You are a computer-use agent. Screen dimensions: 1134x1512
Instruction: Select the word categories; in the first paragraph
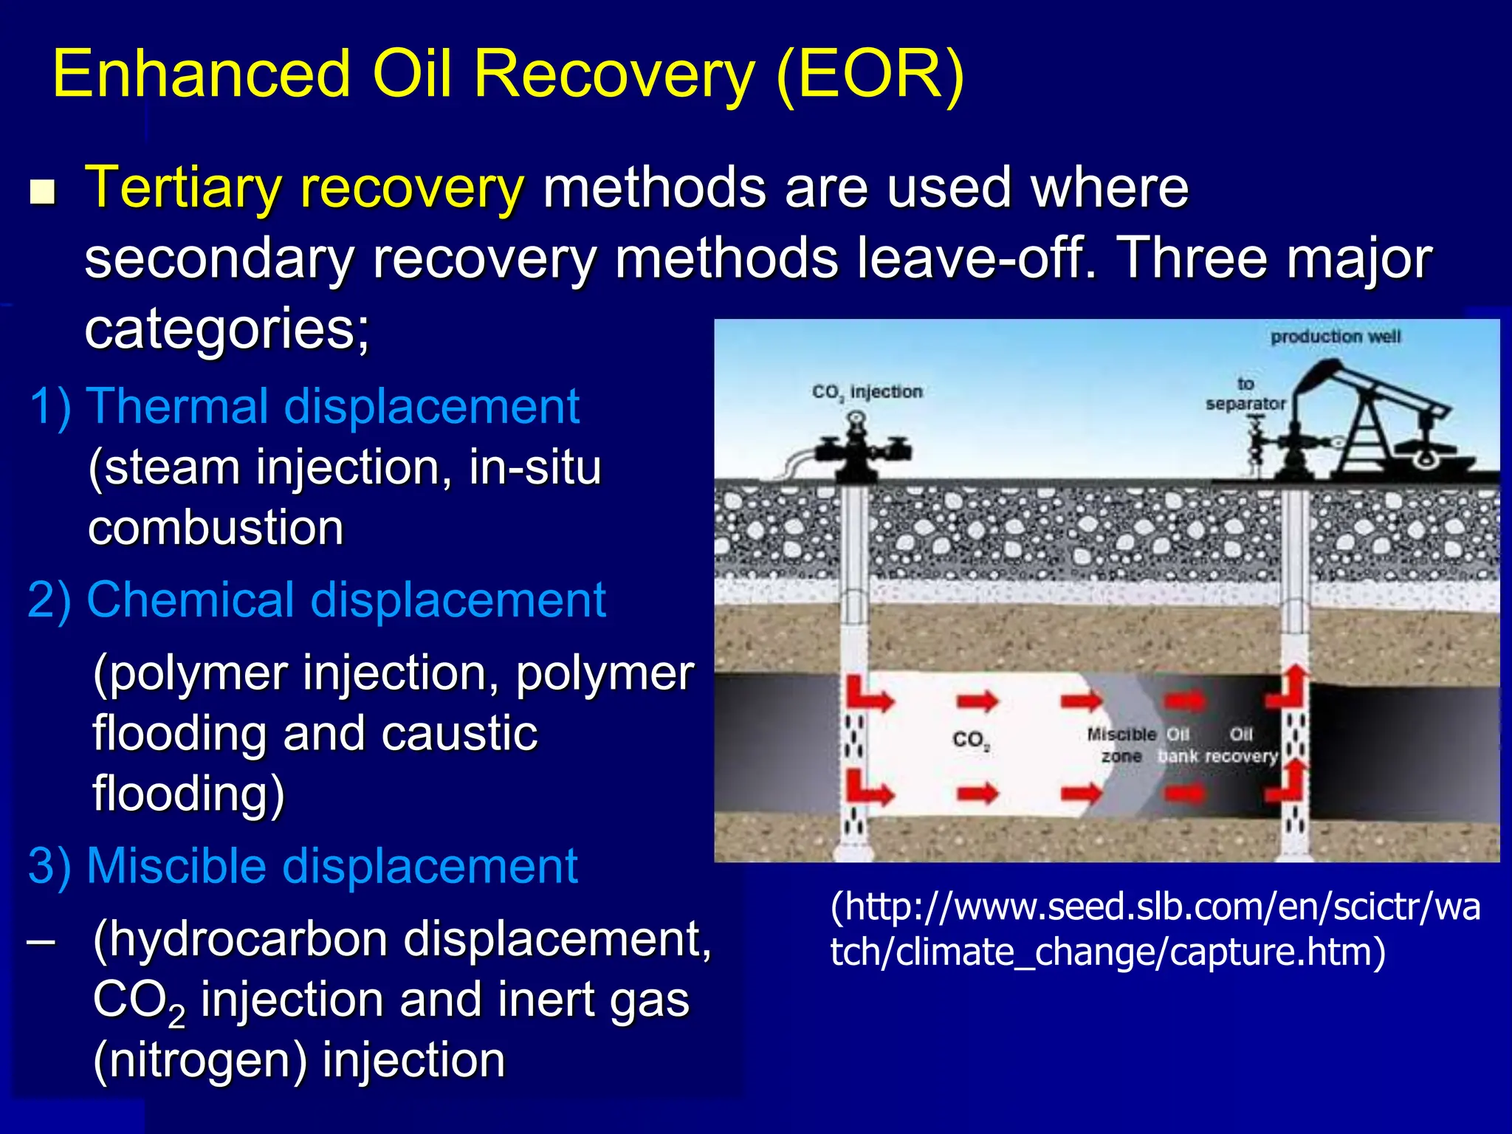[227, 329]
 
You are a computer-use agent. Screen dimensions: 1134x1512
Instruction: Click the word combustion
[216, 528]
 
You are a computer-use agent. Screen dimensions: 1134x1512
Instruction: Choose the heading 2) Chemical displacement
[317, 599]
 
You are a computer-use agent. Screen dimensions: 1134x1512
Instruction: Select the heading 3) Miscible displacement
[303, 866]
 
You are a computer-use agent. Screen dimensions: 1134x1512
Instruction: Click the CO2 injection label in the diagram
[867, 391]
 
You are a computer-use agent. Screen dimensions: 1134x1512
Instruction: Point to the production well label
[1335, 337]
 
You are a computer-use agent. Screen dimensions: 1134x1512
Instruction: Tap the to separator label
[1245, 394]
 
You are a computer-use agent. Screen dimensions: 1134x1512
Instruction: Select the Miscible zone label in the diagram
[1121, 745]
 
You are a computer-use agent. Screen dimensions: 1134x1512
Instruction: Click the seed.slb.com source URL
[1155, 929]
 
